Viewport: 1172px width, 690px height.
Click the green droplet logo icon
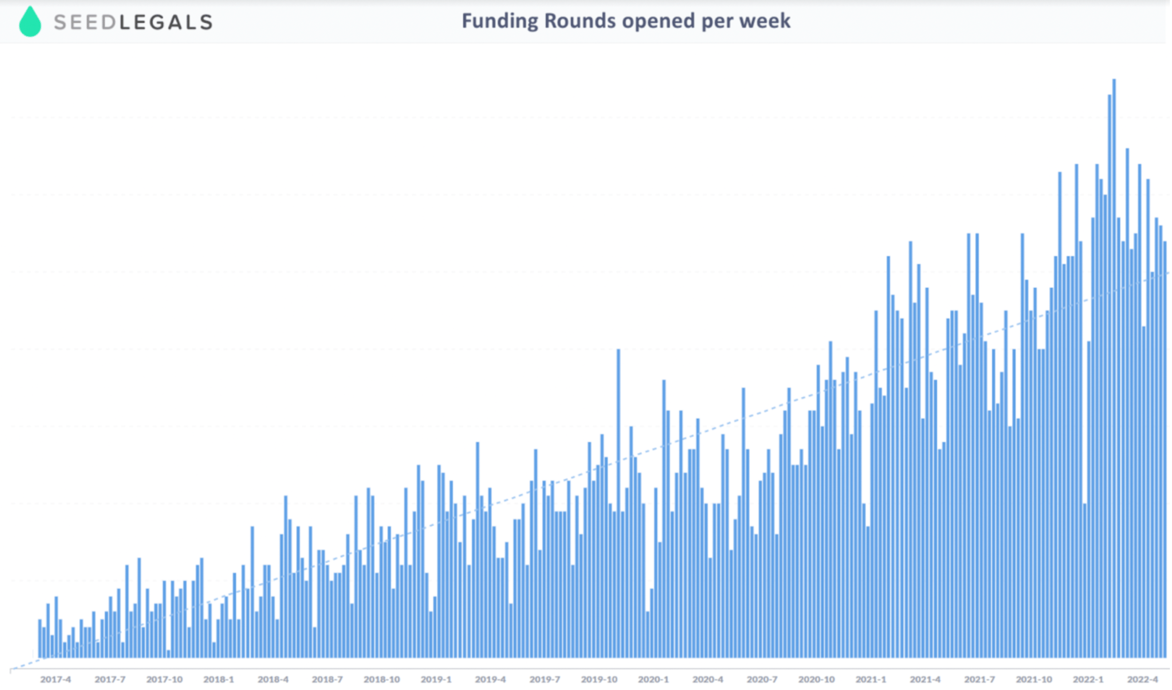30,21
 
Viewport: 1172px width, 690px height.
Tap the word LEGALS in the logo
166,22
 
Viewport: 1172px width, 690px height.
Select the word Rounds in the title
580,21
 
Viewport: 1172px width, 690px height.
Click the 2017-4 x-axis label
55,679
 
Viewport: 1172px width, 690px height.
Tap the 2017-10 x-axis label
165,679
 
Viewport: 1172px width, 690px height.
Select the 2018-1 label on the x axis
219,679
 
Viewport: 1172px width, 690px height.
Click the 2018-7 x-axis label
327,679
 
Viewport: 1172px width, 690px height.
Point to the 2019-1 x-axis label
436,679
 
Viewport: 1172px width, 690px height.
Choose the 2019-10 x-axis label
600,679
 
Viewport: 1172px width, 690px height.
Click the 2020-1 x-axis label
654,679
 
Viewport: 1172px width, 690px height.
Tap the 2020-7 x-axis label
762,679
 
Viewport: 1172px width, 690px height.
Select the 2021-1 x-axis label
871,679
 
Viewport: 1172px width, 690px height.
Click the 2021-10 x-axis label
1034,679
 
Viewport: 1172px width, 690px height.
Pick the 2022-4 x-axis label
1142,679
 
